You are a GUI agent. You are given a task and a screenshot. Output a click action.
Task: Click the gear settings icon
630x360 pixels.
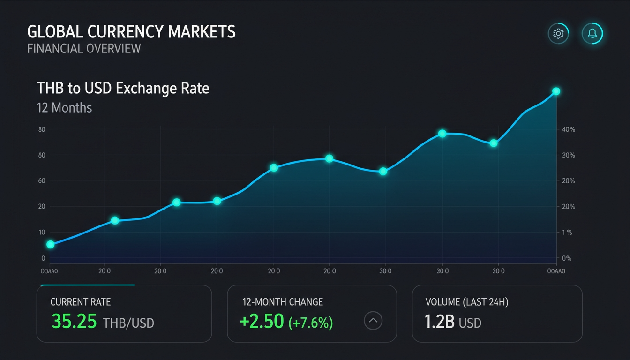(558, 34)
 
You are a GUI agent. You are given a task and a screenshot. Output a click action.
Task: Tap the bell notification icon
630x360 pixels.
(592, 34)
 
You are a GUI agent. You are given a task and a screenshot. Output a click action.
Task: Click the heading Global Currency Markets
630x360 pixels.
(131, 32)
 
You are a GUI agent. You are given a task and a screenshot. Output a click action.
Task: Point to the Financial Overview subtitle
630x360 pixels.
(84, 48)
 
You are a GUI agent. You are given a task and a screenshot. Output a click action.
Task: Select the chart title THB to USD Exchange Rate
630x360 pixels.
(123, 88)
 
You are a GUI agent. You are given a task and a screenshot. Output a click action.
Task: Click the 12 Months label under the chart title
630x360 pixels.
(65, 108)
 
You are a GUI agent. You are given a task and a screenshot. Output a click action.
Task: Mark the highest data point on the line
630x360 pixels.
(556, 91)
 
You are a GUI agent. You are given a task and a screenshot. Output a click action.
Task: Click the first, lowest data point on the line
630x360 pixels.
(51, 244)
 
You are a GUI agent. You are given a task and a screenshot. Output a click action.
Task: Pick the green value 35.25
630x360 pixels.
(74, 322)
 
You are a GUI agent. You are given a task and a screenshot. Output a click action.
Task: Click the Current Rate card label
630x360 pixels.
(81, 302)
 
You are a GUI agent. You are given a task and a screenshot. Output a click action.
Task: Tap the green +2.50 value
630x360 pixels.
(262, 322)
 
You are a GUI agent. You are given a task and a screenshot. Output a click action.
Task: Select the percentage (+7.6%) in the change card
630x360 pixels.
(311, 322)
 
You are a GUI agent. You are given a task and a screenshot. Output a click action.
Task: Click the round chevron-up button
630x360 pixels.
(373, 321)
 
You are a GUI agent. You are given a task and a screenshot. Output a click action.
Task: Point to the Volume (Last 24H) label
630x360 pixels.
(466, 302)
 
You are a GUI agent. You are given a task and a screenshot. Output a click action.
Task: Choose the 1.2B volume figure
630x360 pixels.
(439, 322)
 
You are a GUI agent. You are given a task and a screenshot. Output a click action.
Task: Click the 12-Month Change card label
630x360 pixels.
(283, 302)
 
